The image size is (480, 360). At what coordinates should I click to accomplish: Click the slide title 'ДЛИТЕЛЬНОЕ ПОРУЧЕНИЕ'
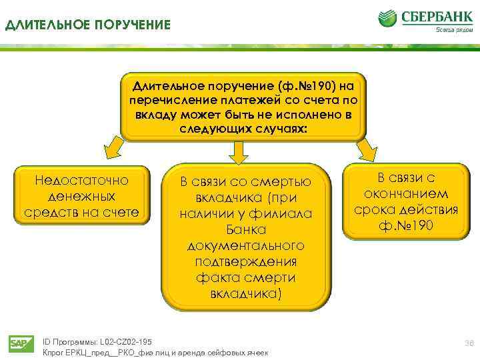tap(88, 25)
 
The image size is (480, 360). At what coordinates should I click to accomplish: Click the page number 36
tap(467, 343)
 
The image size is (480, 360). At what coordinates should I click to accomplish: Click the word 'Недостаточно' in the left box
tap(81, 180)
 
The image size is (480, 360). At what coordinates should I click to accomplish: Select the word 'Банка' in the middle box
tap(246, 230)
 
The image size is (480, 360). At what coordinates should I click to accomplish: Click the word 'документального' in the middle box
tap(246, 246)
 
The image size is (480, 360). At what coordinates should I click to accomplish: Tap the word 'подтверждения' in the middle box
tap(246, 261)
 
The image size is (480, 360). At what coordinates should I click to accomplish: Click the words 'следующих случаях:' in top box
tap(244, 128)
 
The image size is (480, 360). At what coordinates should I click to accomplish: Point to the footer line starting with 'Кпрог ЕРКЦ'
tap(155, 352)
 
